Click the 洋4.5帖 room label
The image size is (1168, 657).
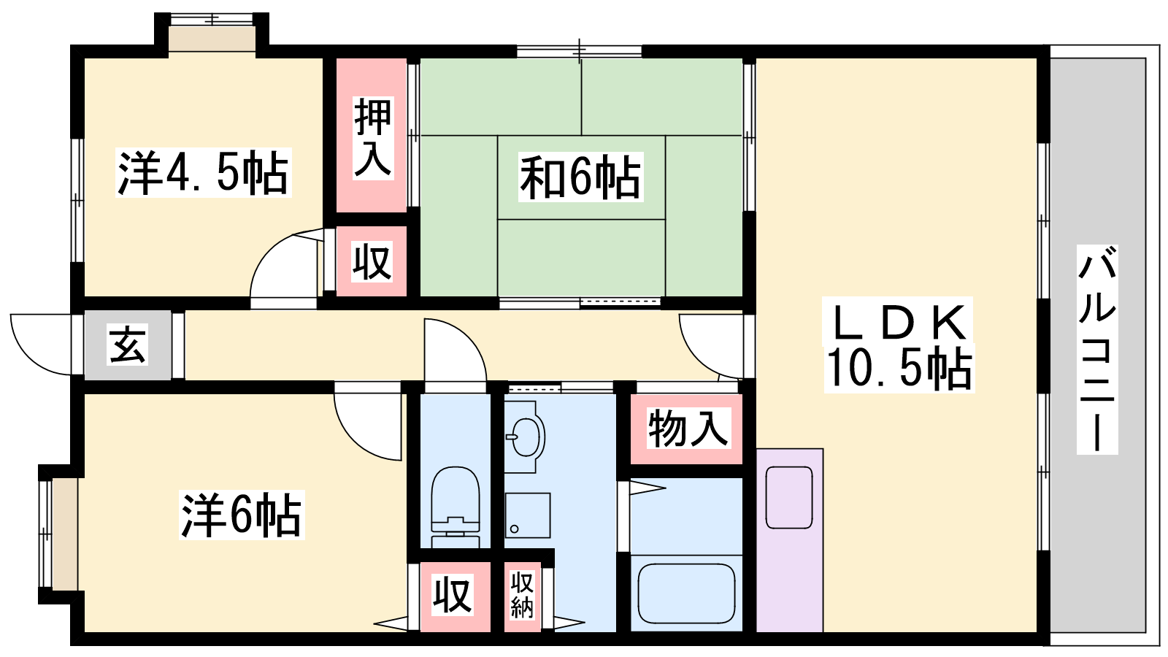[x=203, y=172]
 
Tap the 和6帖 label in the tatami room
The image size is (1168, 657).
[x=580, y=177]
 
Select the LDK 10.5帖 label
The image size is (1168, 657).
[x=899, y=345]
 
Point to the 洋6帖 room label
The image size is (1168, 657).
[x=242, y=515]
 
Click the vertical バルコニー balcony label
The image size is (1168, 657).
[x=1097, y=350]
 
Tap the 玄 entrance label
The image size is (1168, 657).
[x=128, y=345]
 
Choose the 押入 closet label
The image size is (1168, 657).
[x=372, y=138]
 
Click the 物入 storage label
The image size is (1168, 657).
[x=688, y=429]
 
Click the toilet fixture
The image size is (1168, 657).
[x=456, y=507]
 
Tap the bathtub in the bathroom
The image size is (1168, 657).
[x=687, y=593]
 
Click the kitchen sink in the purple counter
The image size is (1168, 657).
[x=789, y=497]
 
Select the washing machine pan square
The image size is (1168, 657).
[x=527, y=515]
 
